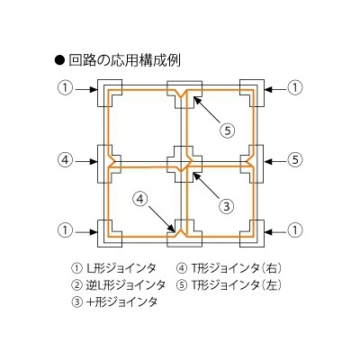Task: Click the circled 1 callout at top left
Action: pos(65,88)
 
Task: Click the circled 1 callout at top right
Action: pos(295,88)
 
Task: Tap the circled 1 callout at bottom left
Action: pos(65,230)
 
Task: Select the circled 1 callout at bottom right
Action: pos(295,230)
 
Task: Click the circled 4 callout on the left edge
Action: pos(65,160)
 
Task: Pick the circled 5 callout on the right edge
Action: pos(295,160)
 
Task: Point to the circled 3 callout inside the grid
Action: pos(227,206)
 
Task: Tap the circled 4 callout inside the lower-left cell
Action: pos(141,200)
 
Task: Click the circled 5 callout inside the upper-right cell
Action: pos(227,130)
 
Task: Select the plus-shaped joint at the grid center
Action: pos(181,164)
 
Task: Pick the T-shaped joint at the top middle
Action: pos(181,90)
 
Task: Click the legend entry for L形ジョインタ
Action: pos(114,268)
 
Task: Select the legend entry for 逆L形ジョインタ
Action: pos(119,284)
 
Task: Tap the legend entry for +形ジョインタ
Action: pos(114,301)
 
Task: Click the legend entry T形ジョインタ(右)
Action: pos(229,268)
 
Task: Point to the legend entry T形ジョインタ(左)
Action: pos(229,284)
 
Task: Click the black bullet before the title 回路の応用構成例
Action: pos(59,60)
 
